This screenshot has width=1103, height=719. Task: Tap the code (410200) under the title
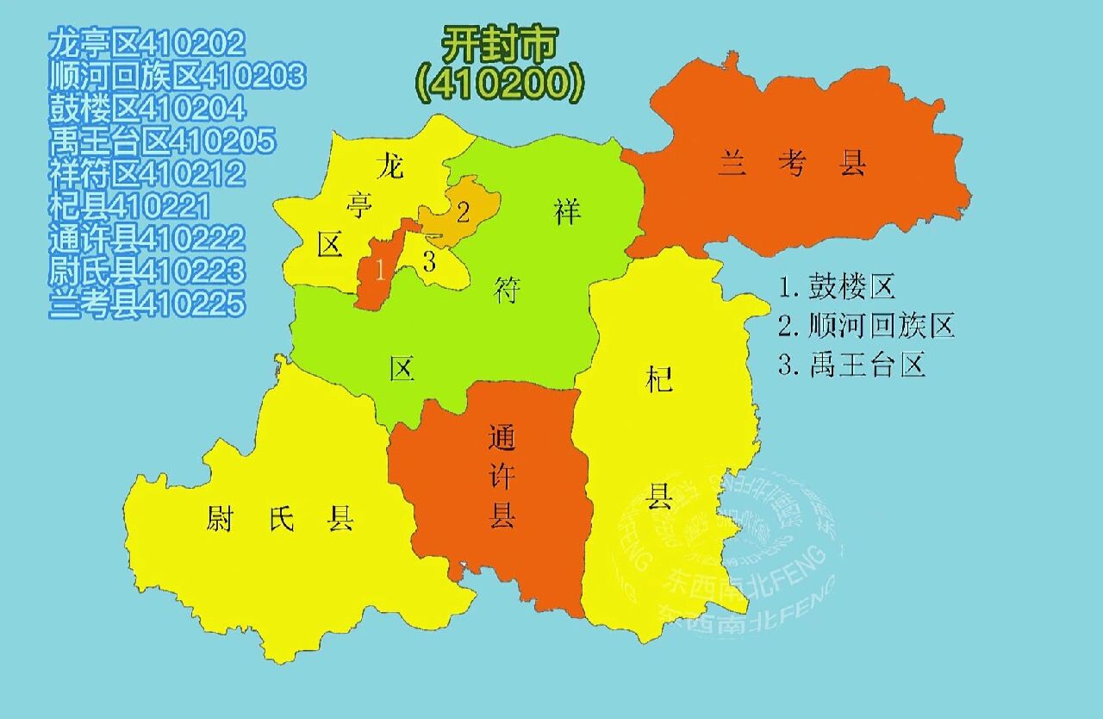tap(500, 83)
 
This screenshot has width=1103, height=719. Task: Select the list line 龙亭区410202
tap(147, 42)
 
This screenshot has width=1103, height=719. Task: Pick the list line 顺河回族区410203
tap(177, 75)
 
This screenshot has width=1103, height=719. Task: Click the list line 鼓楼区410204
tap(147, 108)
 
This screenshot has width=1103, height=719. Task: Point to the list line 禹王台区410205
tap(162, 141)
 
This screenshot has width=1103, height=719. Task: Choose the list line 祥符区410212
tap(147, 173)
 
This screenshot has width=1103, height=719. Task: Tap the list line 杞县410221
tap(130, 206)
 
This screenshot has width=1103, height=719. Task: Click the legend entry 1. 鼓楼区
tap(837, 286)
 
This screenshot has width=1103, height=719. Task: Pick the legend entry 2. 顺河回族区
tap(866, 326)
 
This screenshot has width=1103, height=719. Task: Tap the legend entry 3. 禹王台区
tap(851, 366)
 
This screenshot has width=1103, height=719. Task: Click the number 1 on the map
tap(379, 270)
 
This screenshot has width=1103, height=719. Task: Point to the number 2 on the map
tap(463, 212)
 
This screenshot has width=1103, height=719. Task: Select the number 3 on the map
tap(429, 262)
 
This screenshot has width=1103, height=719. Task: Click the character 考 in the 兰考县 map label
tap(790, 164)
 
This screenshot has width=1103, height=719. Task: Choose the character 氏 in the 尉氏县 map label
tap(281, 519)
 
